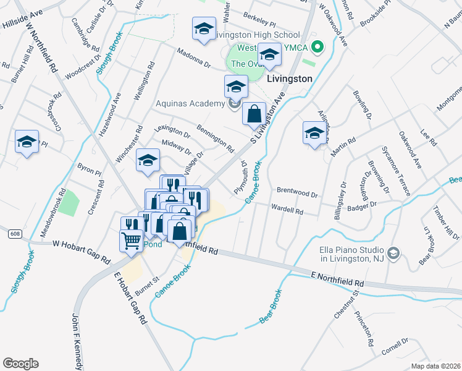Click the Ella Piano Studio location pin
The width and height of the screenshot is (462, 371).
point(395,254)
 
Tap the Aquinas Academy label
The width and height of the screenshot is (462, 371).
point(190,103)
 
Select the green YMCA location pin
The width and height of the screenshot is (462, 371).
point(317,46)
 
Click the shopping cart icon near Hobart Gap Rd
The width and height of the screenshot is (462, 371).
point(131,241)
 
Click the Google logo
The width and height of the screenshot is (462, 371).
point(20,364)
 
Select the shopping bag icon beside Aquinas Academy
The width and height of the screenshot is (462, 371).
point(254,114)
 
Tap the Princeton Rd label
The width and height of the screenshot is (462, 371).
point(364,328)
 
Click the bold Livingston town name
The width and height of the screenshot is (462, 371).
point(289,79)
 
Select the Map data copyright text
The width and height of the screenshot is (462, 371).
point(436,366)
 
